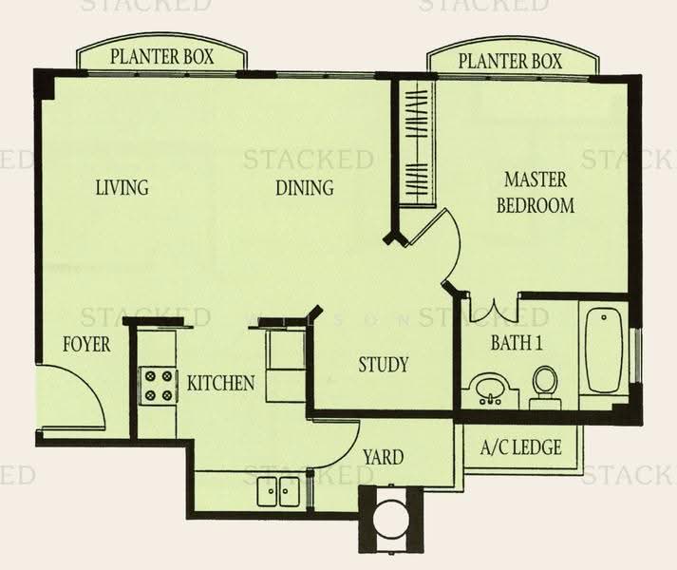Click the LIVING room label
click(x=122, y=187)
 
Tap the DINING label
click(x=305, y=187)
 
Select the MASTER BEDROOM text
click(x=536, y=193)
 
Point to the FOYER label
click(x=86, y=345)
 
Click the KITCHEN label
click(x=220, y=383)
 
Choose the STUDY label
click(x=383, y=364)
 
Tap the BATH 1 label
click(x=517, y=343)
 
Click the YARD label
click(x=383, y=457)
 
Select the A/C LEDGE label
click(x=520, y=447)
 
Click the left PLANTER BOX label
click(x=162, y=57)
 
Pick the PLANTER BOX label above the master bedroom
click(x=510, y=61)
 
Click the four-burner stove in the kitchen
click(x=158, y=386)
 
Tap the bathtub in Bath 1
click(x=604, y=350)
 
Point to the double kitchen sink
click(x=278, y=491)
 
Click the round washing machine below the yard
click(x=391, y=518)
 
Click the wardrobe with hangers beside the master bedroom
click(x=417, y=142)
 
